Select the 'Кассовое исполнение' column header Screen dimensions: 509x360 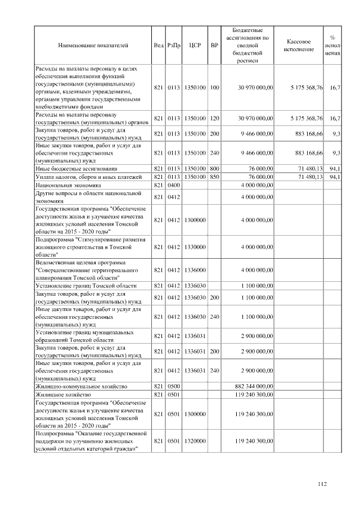point(299,45)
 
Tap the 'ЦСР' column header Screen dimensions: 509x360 point(195,44)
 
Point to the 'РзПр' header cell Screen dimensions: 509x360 point(173,44)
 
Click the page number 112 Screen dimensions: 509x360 point(322,483)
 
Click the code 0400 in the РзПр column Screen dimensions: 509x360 point(173,184)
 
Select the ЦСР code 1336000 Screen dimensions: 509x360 point(195,270)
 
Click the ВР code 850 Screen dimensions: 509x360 point(214,176)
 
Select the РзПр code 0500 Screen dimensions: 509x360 point(173,386)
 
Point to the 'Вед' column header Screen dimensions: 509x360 point(158,44)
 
